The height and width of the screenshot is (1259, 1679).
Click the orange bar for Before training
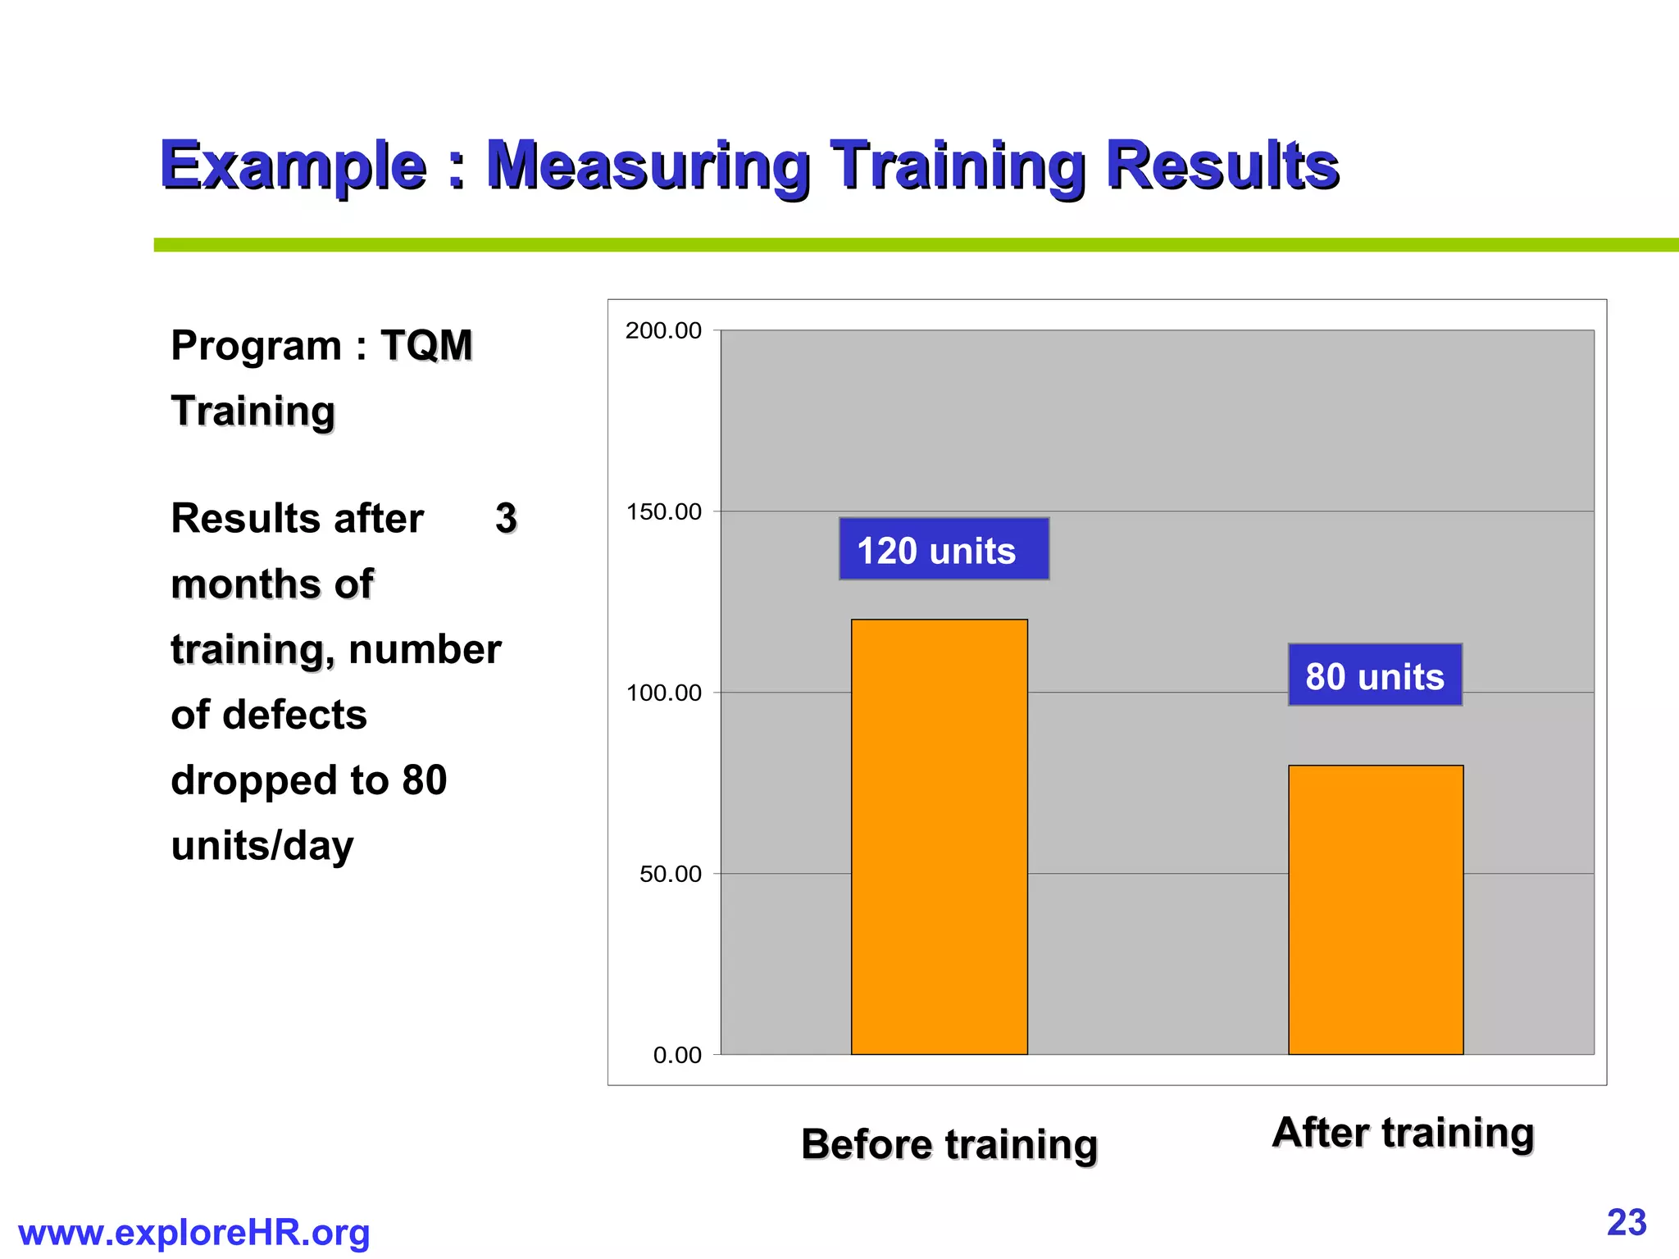tap(939, 836)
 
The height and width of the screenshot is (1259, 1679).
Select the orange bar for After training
tap(1376, 909)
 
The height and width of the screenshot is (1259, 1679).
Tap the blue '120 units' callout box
tap(944, 549)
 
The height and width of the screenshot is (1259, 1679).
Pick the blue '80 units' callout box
tap(1375, 675)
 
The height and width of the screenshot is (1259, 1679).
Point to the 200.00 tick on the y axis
tap(663, 330)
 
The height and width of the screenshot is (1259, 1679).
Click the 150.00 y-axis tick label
tap(663, 511)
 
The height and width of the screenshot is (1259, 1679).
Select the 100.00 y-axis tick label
tap(663, 693)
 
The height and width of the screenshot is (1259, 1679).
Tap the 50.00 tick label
tap(670, 874)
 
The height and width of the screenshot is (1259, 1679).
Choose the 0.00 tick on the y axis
tap(676, 1055)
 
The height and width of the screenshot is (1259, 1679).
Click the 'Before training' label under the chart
tap(949, 1144)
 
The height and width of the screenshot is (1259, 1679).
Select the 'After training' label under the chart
tap(1403, 1133)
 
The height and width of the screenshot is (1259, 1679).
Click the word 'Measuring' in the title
tap(648, 166)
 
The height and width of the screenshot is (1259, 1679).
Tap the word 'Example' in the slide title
tap(293, 166)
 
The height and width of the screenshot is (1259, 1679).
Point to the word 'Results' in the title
tap(1222, 166)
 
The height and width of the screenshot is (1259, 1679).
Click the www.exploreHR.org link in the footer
tap(193, 1233)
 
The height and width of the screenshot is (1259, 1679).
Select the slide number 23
tap(1627, 1222)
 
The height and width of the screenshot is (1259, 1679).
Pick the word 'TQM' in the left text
tap(426, 345)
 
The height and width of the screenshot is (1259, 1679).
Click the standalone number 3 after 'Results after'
tap(506, 518)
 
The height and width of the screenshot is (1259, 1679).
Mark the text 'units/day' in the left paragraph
tap(262, 845)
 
